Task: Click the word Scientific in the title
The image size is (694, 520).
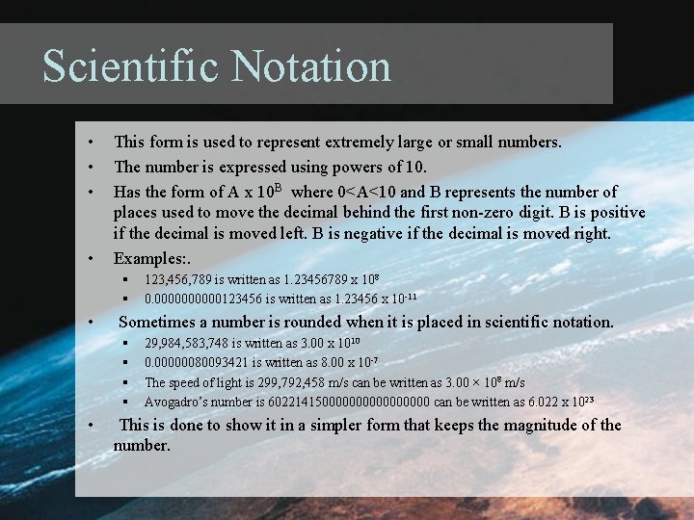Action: pos(126,67)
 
